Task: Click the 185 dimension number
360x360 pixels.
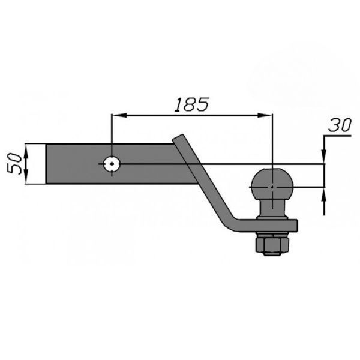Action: pyautogui.click(x=192, y=104)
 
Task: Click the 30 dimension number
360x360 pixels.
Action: pyautogui.click(x=340, y=125)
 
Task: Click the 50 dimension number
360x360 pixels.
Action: pyautogui.click(x=14, y=164)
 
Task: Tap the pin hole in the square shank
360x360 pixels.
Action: pyautogui.click(x=112, y=164)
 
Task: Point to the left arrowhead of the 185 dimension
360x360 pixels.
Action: pyautogui.click(x=120, y=115)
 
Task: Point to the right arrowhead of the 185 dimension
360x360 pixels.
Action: pyautogui.click(x=265, y=115)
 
